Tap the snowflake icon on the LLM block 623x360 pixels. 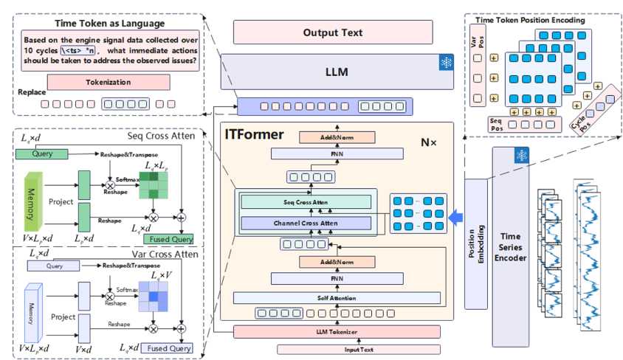[446, 63]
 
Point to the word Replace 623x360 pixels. [32, 94]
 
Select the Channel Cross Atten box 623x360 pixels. [306, 223]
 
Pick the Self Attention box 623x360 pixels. [337, 297]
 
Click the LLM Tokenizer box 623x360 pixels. [337, 332]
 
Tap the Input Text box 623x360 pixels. [337, 349]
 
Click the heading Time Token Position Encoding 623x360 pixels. [540, 20]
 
